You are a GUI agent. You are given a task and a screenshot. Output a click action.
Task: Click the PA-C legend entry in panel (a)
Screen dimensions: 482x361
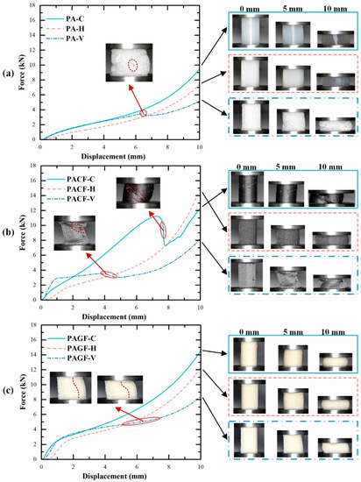point(65,18)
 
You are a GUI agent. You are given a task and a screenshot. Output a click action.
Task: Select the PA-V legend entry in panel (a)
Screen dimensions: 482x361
point(65,37)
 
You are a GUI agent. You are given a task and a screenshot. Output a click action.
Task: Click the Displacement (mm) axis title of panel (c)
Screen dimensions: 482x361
point(120,474)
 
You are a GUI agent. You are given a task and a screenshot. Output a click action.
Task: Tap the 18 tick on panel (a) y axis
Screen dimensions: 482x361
point(35,6)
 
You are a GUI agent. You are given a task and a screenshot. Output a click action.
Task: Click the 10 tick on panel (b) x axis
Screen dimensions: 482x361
point(200,308)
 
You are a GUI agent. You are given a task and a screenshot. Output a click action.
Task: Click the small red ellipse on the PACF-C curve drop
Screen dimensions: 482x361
point(163,230)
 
